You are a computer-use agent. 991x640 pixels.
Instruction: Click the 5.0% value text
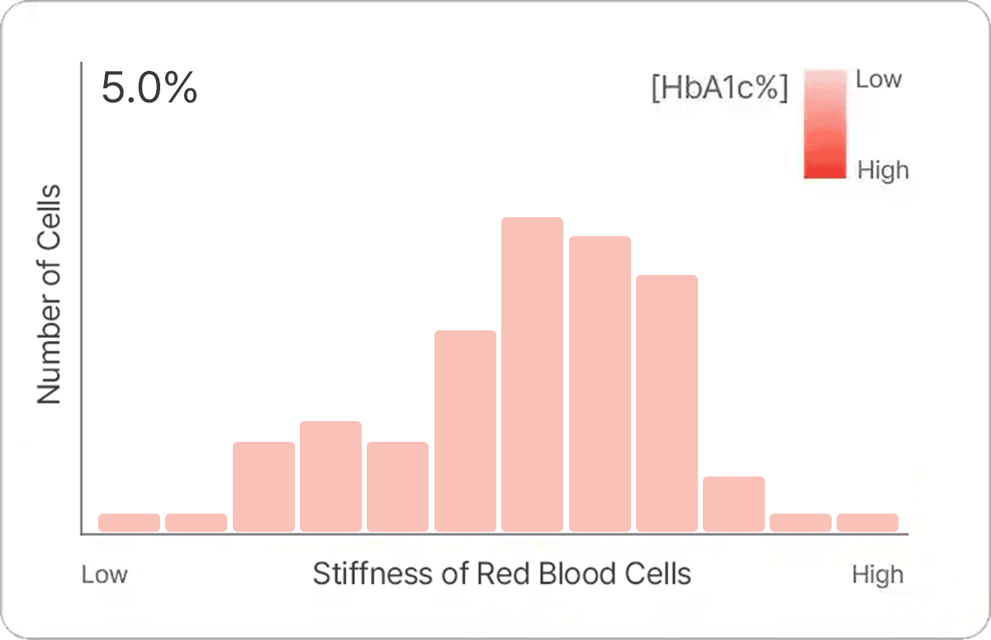pyautogui.click(x=149, y=88)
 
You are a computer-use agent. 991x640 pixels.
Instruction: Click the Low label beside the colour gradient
pyautogui.click(x=879, y=79)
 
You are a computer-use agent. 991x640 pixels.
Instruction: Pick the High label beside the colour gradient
pyautogui.click(x=883, y=170)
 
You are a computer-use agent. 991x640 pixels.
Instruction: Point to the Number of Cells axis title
pyautogui.click(x=50, y=294)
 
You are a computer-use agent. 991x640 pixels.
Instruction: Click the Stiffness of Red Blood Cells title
pyautogui.click(x=501, y=573)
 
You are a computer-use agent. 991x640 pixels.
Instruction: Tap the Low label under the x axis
pyautogui.click(x=104, y=575)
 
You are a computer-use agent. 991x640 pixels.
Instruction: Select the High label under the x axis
pyautogui.click(x=878, y=575)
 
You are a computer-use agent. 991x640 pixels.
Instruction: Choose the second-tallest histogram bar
pyautogui.click(x=600, y=384)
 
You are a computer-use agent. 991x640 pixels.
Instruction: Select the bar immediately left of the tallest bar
pyautogui.click(x=465, y=430)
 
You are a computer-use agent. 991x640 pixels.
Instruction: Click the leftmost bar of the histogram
pyautogui.click(x=129, y=523)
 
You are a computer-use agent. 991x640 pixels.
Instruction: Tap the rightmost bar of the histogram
pyautogui.click(x=867, y=523)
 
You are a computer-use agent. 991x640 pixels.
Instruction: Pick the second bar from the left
pyautogui.click(x=196, y=523)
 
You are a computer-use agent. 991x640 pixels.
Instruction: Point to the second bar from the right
pyautogui.click(x=800, y=523)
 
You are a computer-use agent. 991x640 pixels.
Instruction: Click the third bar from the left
pyautogui.click(x=263, y=486)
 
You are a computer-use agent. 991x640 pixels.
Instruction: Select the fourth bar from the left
pyautogui.click(x=330, y=476)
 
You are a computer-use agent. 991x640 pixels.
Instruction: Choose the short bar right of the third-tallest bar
pyautogui.click(x=733, y=504)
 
